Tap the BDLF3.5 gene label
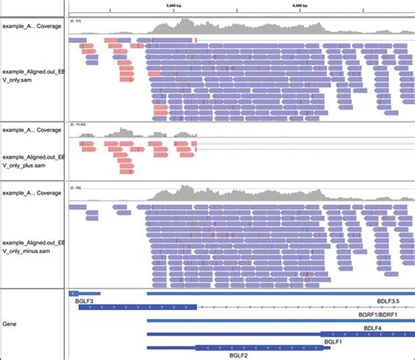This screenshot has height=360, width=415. [x=388, y=300]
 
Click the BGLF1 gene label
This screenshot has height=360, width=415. [x=333, y=342]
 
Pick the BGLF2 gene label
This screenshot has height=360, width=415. [x=238, y=356]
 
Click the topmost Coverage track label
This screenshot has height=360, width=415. [x=32, y=26]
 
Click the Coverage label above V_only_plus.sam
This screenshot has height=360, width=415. [x=32, y=130]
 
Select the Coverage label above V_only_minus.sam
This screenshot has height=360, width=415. [x=32, y=191]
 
